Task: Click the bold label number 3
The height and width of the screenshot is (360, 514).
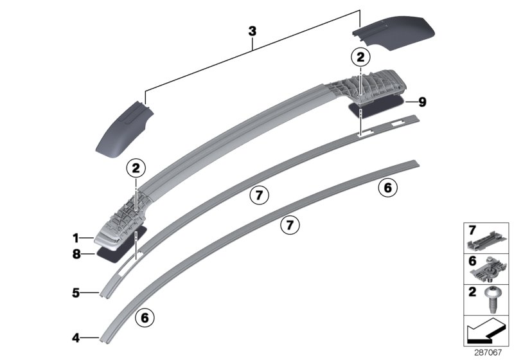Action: (253, 31)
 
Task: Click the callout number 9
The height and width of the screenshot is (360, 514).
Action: (421, 102)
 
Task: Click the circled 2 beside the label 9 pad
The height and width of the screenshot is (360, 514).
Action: (361, 57)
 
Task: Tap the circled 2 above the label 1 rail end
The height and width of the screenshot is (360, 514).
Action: (136, 169)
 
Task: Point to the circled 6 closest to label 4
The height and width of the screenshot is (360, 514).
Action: (145, 317)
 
